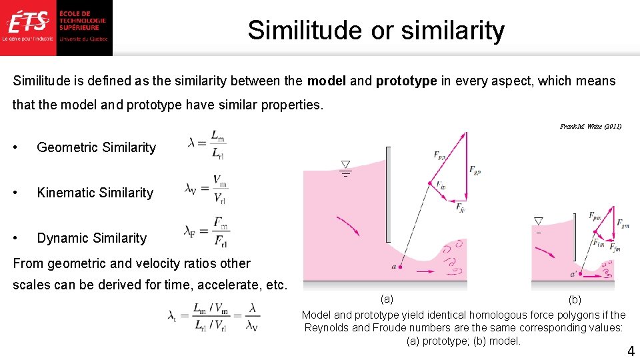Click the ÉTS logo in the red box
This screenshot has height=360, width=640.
coord(29,22)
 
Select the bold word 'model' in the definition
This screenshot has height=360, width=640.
coord(326,81)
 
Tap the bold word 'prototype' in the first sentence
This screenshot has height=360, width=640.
coord(406,81)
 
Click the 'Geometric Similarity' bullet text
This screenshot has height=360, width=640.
coord(96,148)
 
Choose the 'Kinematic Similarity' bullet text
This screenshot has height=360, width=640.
coord(95,193)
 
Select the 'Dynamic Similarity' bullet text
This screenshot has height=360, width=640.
coord(91,239)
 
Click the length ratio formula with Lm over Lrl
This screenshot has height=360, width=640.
coord(207,143)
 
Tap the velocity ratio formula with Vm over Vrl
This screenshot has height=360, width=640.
coord(207,189)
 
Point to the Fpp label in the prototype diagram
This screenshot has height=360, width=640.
coord(439,155)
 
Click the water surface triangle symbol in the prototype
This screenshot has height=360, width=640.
coord(345,165)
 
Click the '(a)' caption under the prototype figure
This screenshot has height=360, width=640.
coord(387,298)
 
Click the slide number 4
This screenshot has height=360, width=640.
coord(630,351)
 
